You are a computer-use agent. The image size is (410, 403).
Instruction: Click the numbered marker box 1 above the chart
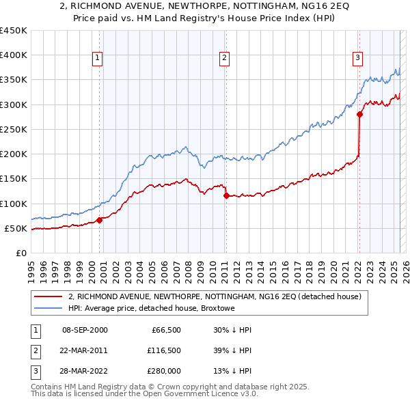coord(98,58)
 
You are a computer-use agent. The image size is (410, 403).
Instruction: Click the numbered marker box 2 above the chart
coord(224,58)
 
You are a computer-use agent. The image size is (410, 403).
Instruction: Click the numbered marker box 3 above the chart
coord(357,58)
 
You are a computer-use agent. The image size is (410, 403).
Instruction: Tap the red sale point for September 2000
coord(99,220)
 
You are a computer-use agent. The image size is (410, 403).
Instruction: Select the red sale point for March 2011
coord(226,195)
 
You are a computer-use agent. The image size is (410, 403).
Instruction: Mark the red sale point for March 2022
coord(359,114)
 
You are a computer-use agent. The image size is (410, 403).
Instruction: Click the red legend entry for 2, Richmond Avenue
coord(219,296)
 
